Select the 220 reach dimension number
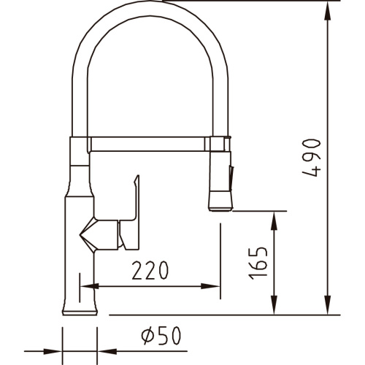coord(152,271)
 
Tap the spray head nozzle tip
coord(220,207)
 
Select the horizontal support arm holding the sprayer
coord(150,139)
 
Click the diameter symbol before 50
coord(146,337)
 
